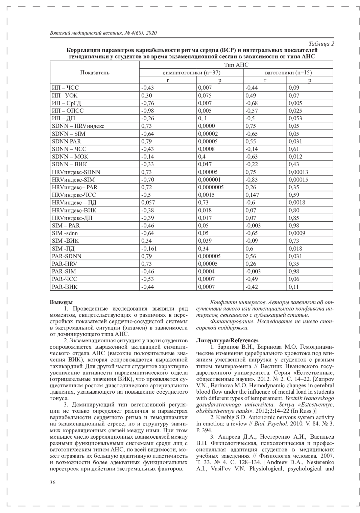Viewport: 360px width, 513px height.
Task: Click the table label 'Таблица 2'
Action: pos(321,44)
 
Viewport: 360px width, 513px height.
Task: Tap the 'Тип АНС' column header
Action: pos(236,65)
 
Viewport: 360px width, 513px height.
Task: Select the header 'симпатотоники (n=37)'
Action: pos(191,73)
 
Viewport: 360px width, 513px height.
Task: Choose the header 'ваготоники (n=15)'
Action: pos(288,73)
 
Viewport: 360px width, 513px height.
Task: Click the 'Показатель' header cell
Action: pos(95,73)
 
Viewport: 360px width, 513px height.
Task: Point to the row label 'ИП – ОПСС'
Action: pos(68,111)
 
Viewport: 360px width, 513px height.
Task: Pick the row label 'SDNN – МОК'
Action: pos(70,157)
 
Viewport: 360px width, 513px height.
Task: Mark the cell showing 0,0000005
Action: pos(211,187)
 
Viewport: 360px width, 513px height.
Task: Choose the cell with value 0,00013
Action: pos(298,172)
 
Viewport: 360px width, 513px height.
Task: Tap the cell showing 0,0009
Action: pos(297,233)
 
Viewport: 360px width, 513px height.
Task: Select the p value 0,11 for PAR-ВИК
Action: pos(294,287)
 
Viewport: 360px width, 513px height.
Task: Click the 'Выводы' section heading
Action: pos(61,302)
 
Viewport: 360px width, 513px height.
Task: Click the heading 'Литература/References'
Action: pos(227,340)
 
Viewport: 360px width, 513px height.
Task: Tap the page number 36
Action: pos(53,482)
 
